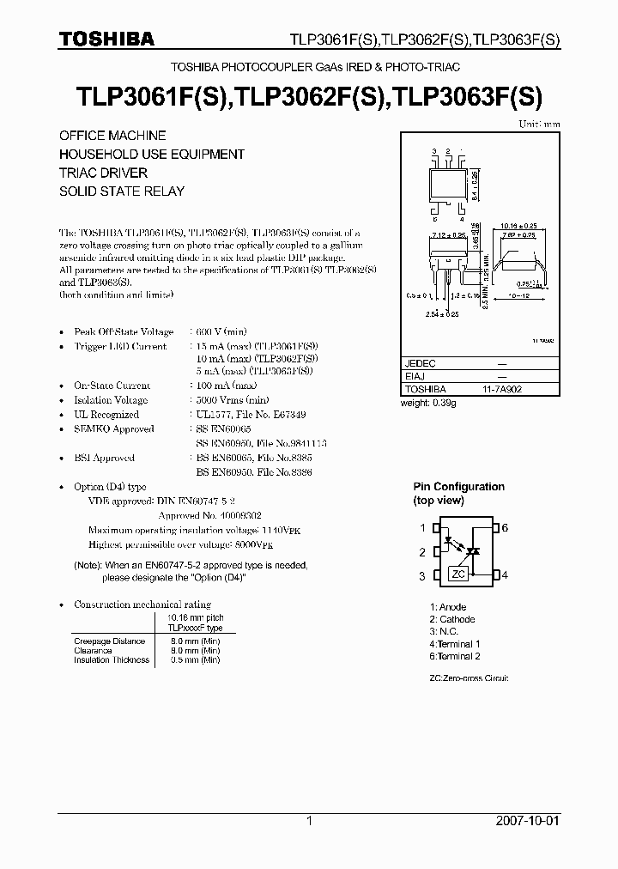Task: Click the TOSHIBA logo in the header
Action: click(106, 39)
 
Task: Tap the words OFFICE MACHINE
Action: click(112, 136)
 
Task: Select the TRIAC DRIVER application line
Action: click(103, 173)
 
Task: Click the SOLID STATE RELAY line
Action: click(121, 191)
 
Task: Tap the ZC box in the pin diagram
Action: click(459, 574)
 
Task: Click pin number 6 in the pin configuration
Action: click(506, 528)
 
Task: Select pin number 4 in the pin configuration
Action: click(506, 575)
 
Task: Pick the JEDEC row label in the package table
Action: click(421, 364)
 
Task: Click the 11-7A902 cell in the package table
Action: click(502, 388)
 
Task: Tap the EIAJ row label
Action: click(415, 376)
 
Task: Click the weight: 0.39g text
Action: click(429, 403)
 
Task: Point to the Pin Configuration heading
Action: click(458, 487)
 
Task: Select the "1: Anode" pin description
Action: click(448, 607)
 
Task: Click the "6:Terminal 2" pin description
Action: click(455, 656)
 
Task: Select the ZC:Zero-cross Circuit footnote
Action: click(469, 678)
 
